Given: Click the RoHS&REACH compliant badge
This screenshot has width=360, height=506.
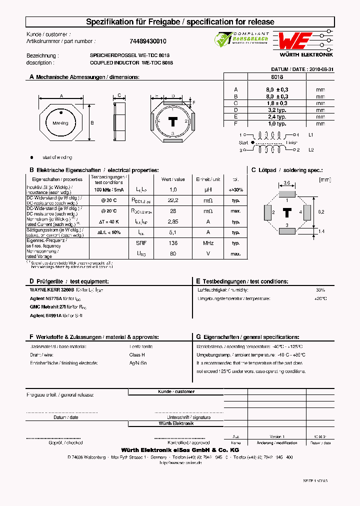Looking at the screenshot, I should (x=241, y=39).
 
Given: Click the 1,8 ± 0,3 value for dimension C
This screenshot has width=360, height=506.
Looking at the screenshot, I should (x=276, y=102).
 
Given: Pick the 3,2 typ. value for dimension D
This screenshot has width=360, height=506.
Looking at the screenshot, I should (x=276, y=109).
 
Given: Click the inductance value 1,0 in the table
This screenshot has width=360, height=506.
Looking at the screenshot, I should (x=173, y=189).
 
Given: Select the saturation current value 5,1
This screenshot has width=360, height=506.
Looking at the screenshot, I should (x=173, y=232).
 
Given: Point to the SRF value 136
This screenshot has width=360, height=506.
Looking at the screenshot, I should (x=173, y=243).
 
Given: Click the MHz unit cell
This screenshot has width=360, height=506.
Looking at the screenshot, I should (x=208, y=243).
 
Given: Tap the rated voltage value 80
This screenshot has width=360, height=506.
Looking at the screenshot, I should (x=173, y=253).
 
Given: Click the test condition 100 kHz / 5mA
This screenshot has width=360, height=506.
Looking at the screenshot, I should (x=109, y=189).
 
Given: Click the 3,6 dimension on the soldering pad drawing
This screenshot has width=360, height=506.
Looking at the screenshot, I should (x=287, y=183).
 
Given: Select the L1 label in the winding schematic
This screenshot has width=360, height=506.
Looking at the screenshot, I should (x=310, y=135).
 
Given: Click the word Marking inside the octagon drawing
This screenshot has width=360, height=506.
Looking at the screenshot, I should (x=60, y=122).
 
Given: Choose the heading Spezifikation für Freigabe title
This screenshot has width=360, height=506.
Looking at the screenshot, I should (x=180, y=22).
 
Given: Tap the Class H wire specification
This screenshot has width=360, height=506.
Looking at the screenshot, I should (x=137, y=354).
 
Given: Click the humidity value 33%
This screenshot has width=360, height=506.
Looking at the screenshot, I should (x=320, y=290).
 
